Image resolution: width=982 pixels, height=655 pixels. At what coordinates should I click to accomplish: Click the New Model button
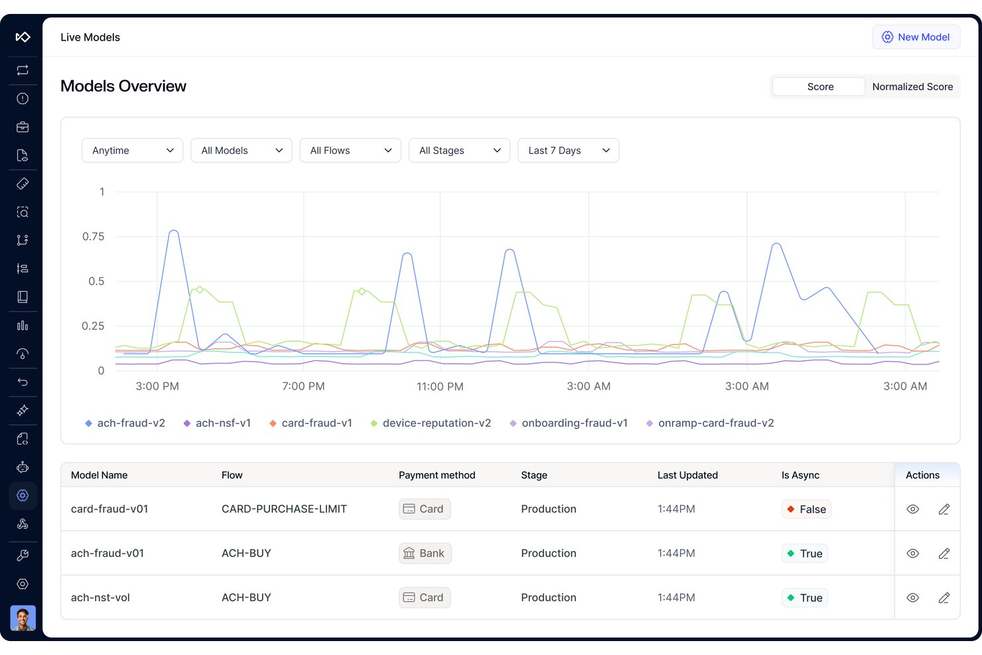pos(916,37)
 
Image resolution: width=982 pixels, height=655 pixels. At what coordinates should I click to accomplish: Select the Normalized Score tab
pos(912,87)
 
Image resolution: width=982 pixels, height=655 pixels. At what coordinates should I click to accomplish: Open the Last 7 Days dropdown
pos(568,151)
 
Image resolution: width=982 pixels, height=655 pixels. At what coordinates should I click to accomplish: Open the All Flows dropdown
pos(350,151)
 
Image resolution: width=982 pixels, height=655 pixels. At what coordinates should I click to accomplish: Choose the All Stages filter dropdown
pos(459,151)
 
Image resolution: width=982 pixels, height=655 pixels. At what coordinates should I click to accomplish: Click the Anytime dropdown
pos(132,151)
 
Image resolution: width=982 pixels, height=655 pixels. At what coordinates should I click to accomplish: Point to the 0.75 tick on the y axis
pos(94,237)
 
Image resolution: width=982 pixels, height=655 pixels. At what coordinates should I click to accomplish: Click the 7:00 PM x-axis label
pos(303,386)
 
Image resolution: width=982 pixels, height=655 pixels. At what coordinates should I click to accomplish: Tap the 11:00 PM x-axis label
pos(440,386)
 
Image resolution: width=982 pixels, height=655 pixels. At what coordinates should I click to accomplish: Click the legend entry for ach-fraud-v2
pos(125,423)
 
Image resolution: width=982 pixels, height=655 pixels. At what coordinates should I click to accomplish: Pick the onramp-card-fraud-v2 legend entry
pos(710,423)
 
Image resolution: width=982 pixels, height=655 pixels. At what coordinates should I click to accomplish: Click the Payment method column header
pos(437,475)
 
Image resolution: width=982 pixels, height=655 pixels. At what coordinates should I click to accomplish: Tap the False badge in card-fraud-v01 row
pos(806,509)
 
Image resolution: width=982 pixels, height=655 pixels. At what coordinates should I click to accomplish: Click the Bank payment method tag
pos(425,553)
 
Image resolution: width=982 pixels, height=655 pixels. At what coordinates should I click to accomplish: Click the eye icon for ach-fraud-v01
pos(913,553)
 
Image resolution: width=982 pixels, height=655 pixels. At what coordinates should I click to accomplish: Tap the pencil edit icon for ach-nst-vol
pos(944,597)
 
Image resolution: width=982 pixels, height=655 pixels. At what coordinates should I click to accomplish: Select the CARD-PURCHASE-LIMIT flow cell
pos(284,509)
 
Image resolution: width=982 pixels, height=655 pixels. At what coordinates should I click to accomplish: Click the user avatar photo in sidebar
pos(23,619)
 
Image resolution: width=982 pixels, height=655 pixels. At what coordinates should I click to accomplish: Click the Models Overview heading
pos(123,86)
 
